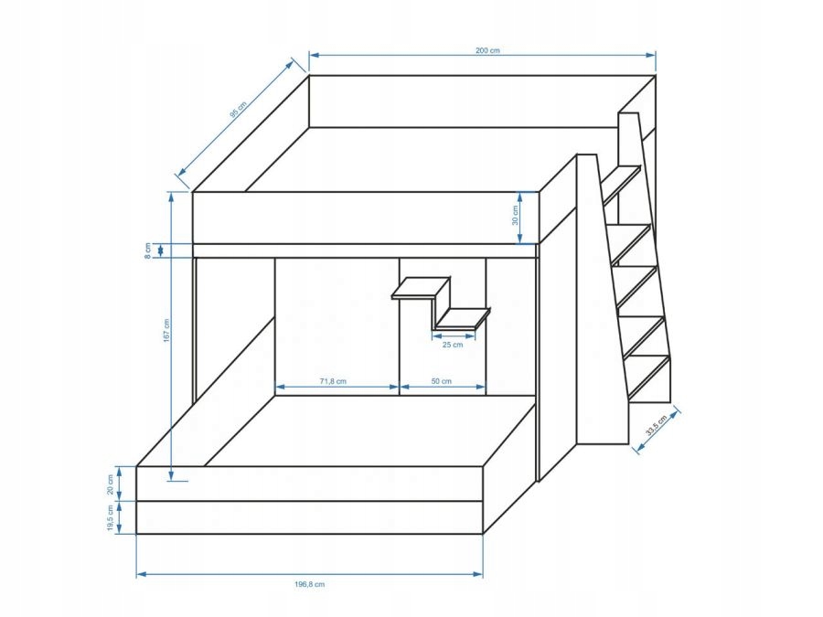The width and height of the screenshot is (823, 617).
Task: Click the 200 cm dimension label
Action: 488,50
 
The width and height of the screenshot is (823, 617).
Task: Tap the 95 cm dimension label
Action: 238,111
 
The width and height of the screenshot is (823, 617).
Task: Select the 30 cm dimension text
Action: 515,217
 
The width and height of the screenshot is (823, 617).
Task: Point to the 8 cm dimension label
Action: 149,250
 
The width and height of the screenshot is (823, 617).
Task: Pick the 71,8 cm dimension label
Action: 333,381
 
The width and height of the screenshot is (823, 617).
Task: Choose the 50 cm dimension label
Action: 442,381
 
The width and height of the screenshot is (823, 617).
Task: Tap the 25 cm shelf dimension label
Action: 453,345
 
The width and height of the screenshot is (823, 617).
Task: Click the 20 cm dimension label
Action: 111,484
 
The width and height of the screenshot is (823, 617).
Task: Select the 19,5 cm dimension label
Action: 111,518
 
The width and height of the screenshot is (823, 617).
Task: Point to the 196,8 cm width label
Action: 310,583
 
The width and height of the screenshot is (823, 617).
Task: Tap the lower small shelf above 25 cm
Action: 462,319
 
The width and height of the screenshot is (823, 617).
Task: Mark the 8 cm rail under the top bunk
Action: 366,250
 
